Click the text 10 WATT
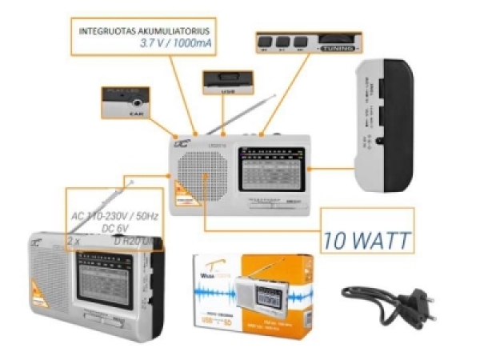pos(370,238)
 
